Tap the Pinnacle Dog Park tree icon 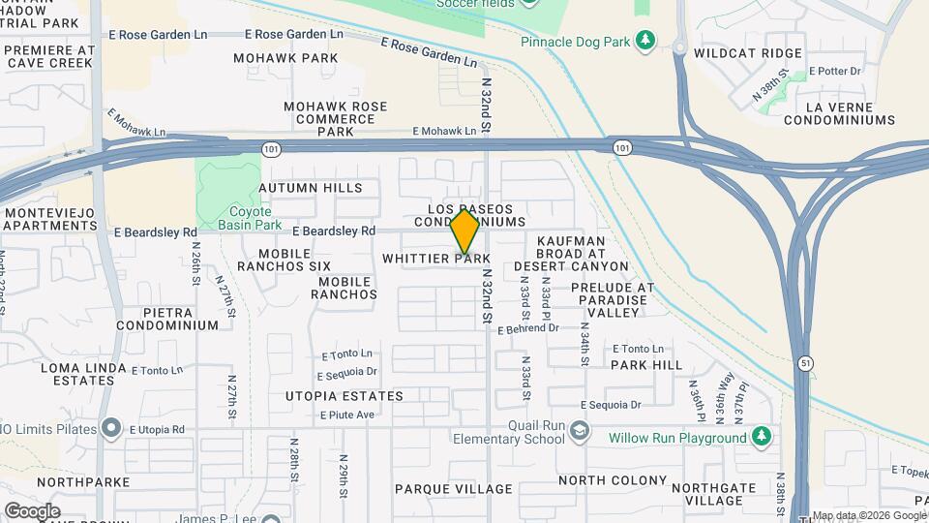644,41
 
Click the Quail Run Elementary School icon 579,430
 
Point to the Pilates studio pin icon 110,427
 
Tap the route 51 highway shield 804,362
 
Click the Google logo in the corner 32,510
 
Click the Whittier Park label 436,259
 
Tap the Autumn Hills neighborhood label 311,188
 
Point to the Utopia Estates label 344,396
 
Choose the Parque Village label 453,489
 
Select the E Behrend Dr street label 528,329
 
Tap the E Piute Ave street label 345,415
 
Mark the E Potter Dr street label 835,71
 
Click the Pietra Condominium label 167,320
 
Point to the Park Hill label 646,365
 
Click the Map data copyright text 868,515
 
